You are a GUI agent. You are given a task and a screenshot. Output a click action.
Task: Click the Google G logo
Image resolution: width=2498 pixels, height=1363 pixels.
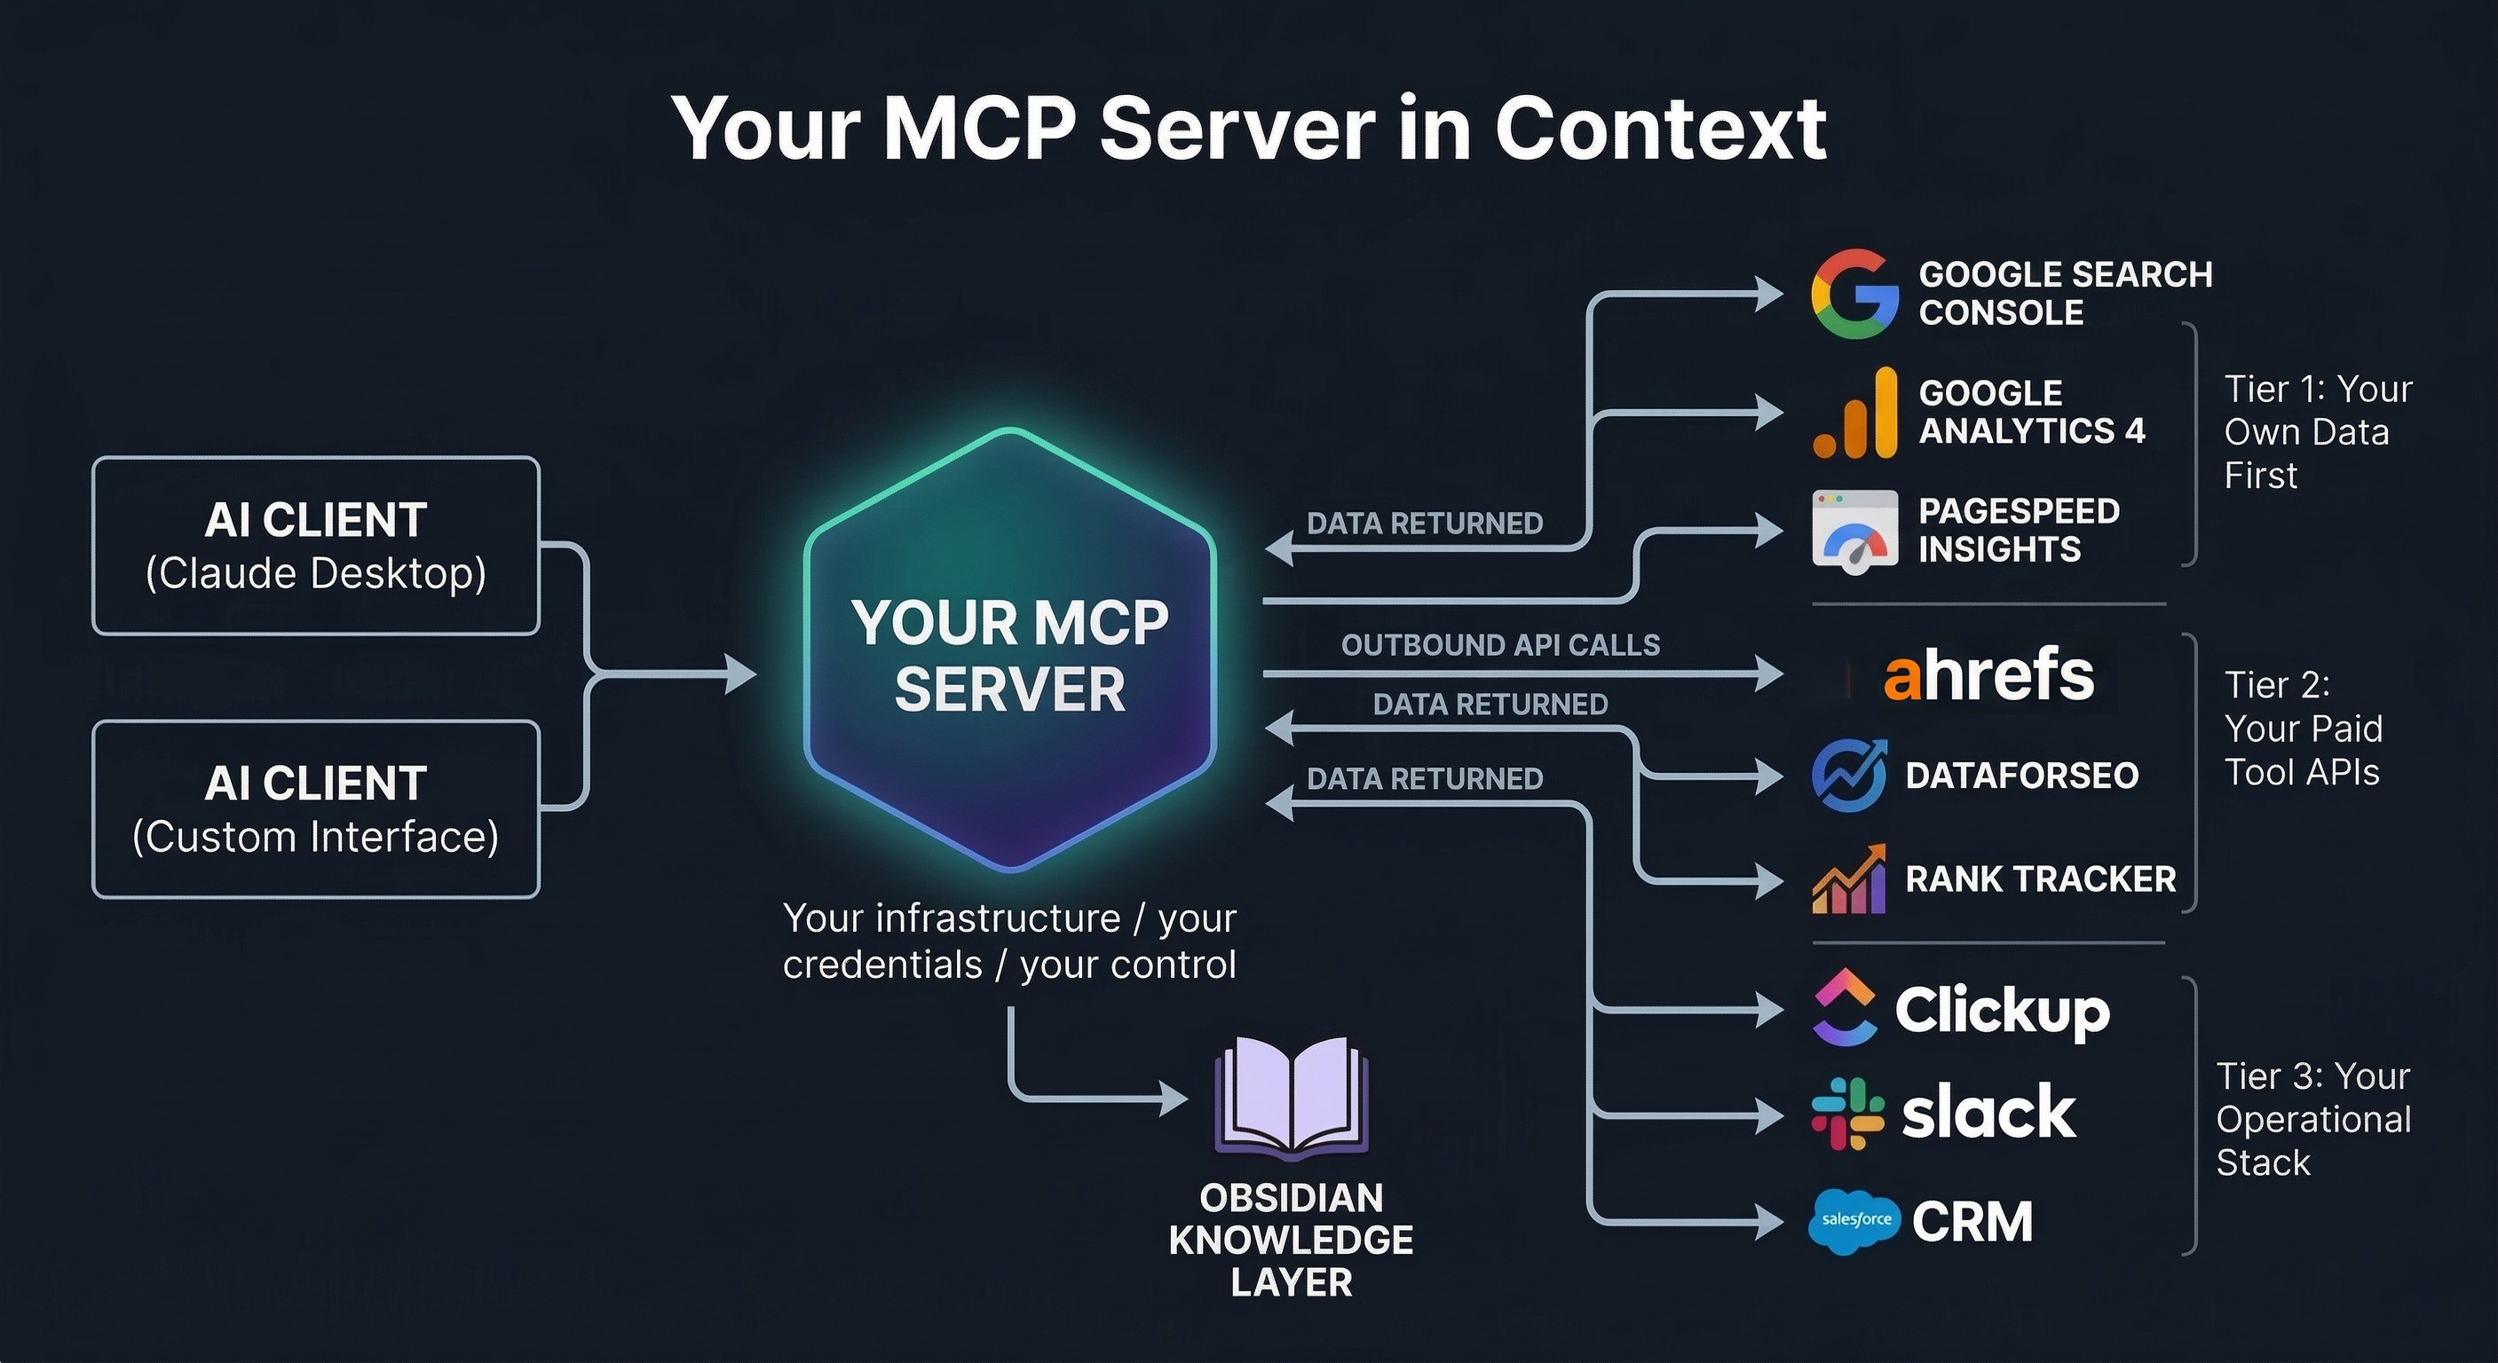[x=1854, y=294]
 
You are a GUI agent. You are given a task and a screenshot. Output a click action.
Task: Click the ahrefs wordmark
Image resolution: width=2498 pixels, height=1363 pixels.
[x=1988, y=674]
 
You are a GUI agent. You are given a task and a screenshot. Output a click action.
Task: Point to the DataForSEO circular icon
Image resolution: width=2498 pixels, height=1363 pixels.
[x=1849, y=776]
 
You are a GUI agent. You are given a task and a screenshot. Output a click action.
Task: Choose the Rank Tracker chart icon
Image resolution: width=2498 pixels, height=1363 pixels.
[x=1849, y=880]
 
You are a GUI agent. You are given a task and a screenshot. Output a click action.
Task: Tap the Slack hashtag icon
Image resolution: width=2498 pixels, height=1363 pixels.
[x=1847, y=1114]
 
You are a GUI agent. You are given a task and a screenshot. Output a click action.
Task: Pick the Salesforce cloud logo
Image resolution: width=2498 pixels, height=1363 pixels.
[x=1854, y=1220]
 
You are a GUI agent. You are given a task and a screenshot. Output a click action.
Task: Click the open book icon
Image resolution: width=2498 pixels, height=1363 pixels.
[x=1291, y=1100]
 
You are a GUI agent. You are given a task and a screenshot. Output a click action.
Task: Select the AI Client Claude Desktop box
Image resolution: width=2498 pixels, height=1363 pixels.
[x=316, y=546]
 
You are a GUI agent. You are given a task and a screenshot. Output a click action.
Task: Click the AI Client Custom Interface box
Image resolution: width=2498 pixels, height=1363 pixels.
[x=316, y=809]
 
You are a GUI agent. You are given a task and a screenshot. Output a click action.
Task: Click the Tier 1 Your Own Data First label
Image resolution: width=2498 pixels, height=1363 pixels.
[x=2316, y=432]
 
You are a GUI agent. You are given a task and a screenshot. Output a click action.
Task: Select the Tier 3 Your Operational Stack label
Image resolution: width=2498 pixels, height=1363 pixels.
[x=2312, y=1119]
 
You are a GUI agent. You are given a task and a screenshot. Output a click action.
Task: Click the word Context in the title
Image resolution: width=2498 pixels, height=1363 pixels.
[x=1659, y=129]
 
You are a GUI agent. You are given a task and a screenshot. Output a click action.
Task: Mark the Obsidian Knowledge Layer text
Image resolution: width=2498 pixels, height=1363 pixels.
[x=1291, y=1240]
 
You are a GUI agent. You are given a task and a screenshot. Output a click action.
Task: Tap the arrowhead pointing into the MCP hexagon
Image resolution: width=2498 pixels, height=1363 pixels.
[x=741, y=674]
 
